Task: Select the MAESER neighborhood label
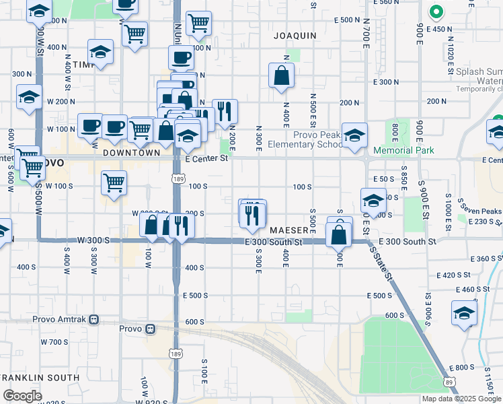point(288,230)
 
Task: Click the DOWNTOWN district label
point(132,153)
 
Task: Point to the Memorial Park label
point(403,151)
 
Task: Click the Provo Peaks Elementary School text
point(305,139)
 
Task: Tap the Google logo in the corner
point(23,396)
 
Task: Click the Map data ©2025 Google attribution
point(461,399)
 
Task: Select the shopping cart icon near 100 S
point(114,182)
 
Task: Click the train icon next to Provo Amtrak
point(94,319)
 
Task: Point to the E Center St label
point(206,159)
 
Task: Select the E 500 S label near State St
point(380,296)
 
